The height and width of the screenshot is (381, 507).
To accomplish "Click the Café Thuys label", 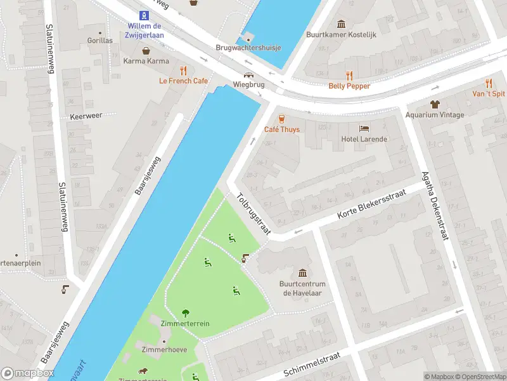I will [x=282, y=130].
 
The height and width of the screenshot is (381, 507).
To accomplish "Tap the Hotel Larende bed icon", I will [x=364, y=128].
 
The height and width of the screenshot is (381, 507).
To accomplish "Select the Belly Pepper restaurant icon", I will [x=349, y=75].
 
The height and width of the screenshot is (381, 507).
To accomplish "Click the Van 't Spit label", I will [x=489, y=93].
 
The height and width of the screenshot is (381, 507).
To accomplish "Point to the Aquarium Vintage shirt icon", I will [x=435, y=104].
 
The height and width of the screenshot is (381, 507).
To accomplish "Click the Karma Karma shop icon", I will [x=146, y=51].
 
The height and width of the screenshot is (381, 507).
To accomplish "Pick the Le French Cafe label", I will [x=183, y=81].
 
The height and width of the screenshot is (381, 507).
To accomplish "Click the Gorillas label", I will [x=100, y=40].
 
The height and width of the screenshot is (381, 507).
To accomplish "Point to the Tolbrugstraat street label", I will [x=253, y=214].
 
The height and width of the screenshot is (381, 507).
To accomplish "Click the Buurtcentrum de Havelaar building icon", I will [x=302, y=272].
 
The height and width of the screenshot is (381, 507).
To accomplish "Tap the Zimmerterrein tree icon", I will [x=185, y=312].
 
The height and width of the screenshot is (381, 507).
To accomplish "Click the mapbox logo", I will [x=27, y=373].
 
